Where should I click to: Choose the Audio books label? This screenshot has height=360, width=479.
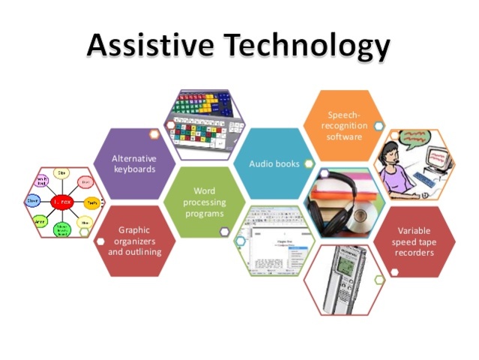(274, 163)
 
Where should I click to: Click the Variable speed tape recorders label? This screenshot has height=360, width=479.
(415, 241)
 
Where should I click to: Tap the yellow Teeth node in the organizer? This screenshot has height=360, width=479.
(91, 202)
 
